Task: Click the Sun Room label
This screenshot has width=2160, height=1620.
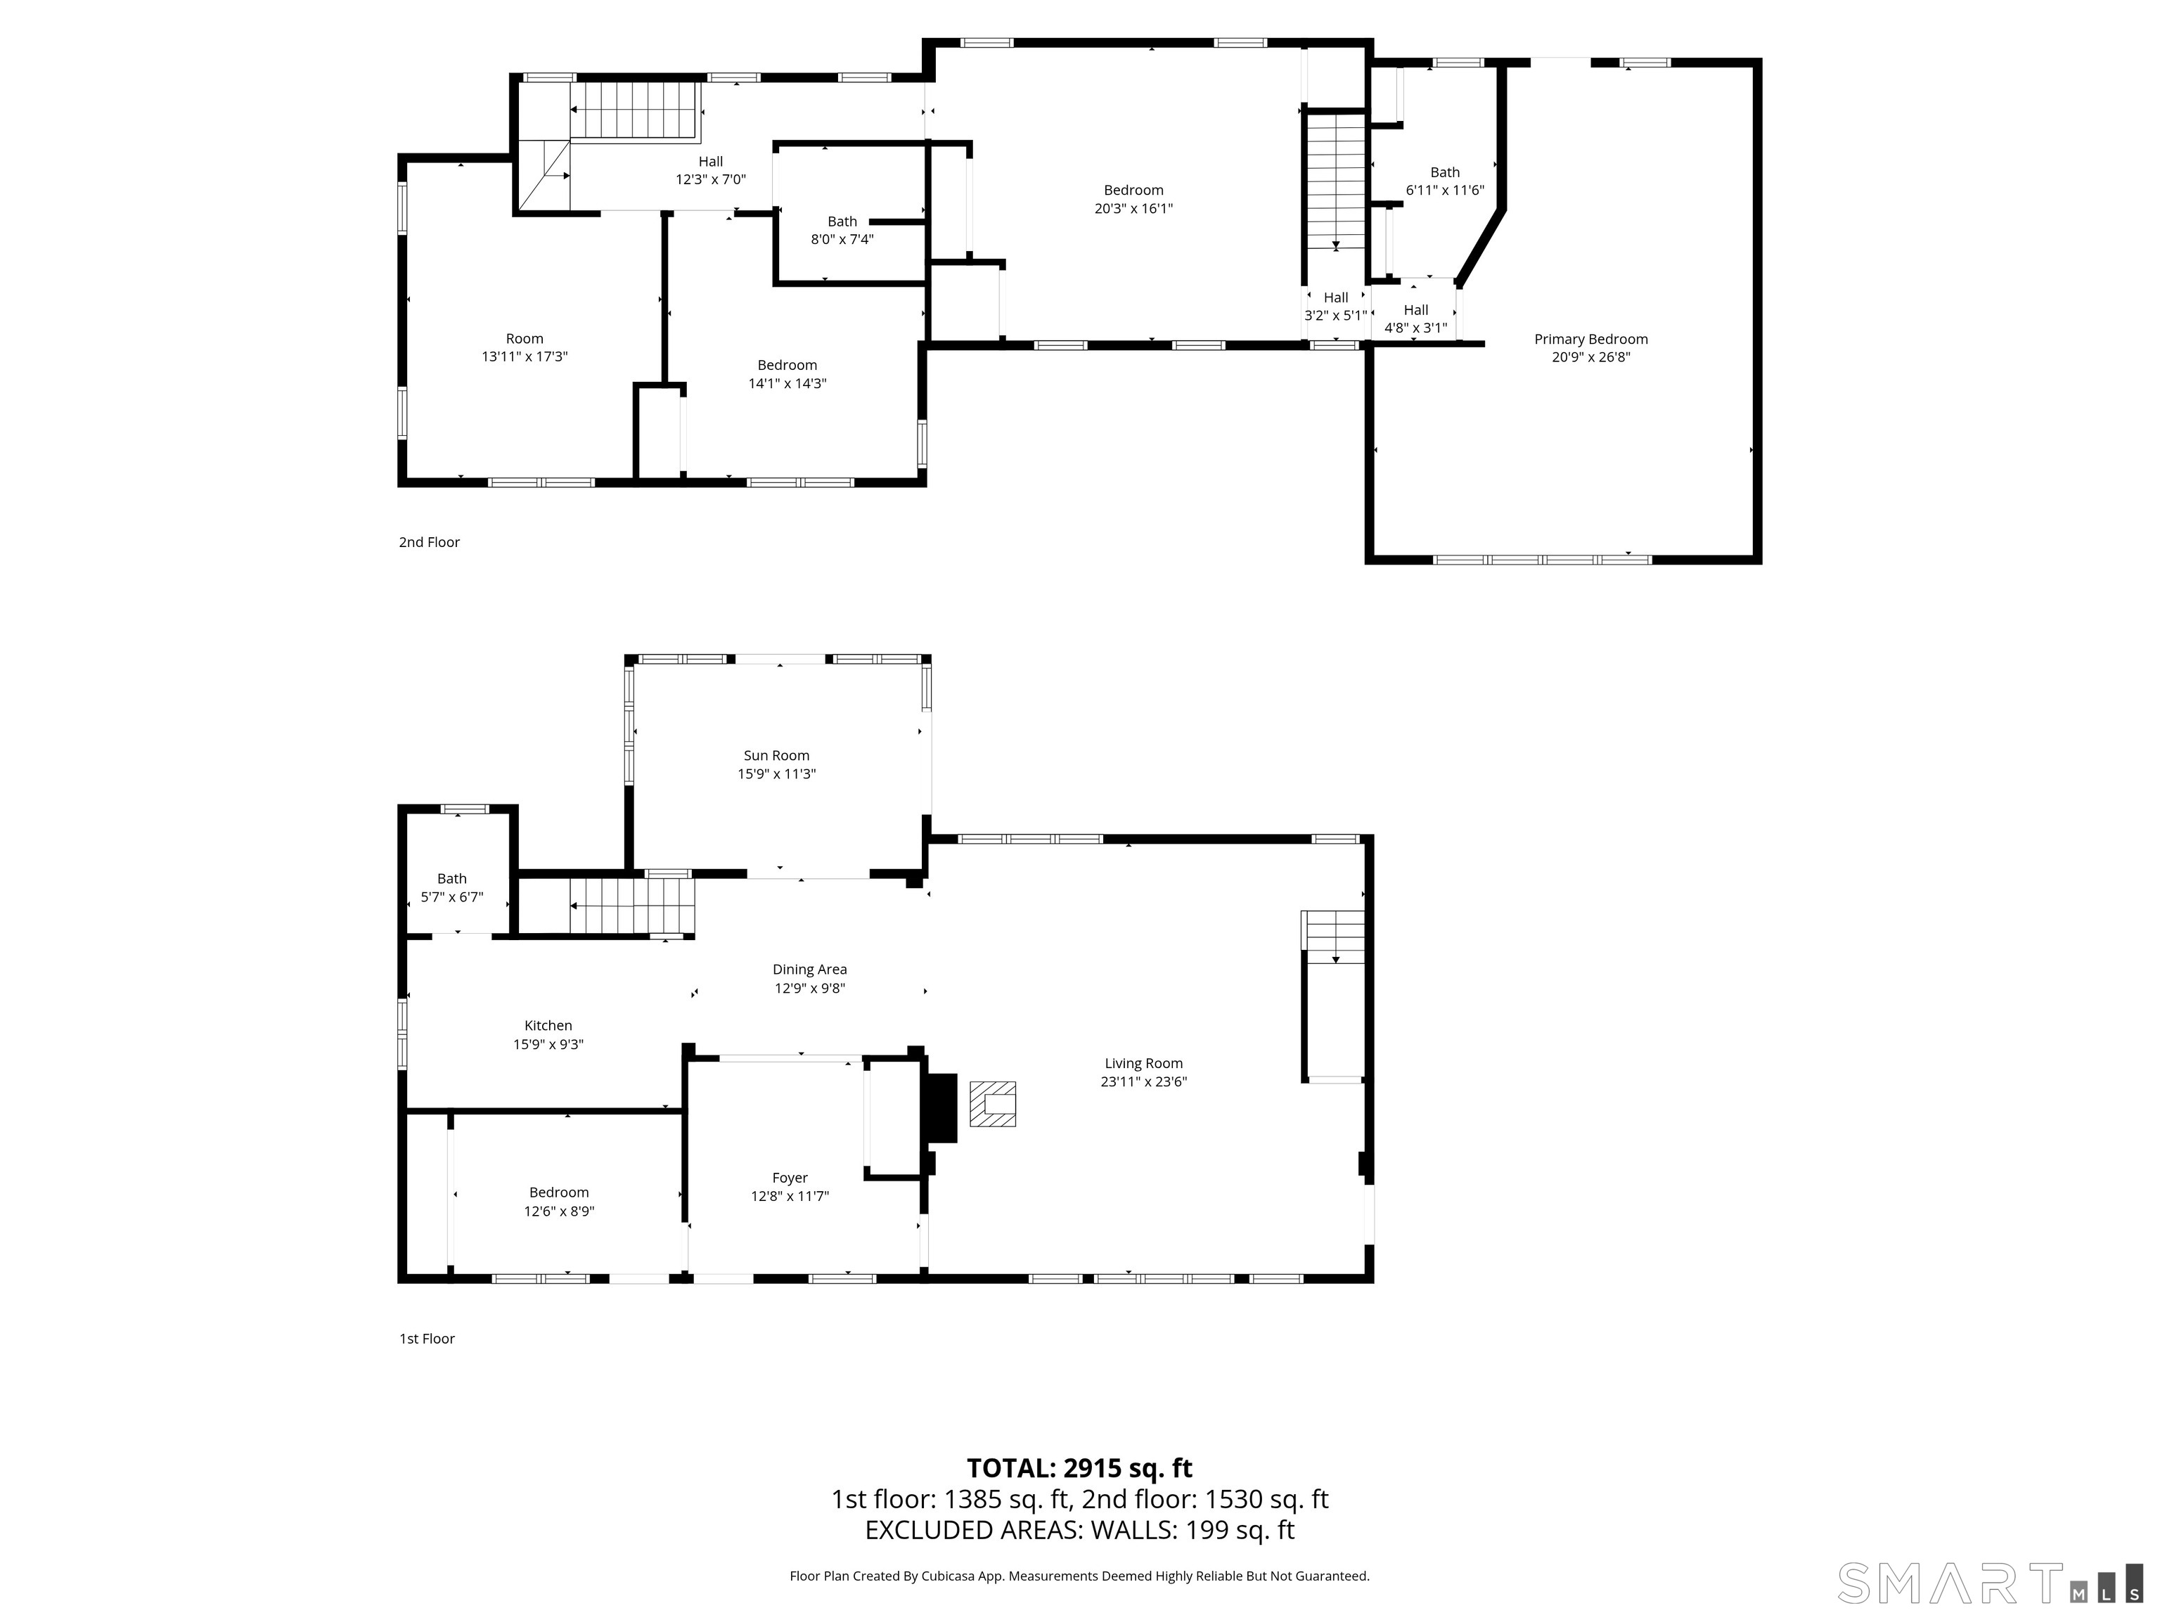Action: (x=776, y=756)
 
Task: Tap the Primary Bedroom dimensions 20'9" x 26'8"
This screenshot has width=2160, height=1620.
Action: (x=1590, y=357)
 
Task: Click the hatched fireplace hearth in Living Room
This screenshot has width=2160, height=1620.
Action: (x=992, y=1103)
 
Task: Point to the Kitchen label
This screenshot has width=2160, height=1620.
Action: (x=548, y=1025)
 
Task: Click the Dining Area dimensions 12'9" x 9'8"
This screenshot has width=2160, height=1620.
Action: (x=809, y=988)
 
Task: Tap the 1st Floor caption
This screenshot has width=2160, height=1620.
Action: (x=427, y=1339)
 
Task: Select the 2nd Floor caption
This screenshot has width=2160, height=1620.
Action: (x=429, y=542)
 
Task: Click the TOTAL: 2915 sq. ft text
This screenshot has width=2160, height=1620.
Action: (x=1079, y=1467)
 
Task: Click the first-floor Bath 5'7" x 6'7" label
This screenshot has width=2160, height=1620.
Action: (x=451, y=887)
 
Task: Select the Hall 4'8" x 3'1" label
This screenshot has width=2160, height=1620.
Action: (x=1415, y=319)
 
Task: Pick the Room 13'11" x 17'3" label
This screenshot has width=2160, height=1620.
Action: (x=525, y=347)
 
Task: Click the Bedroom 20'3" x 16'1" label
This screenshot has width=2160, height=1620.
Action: (x=1133, y=199)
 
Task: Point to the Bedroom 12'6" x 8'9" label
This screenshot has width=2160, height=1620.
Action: (x=558, y=1201)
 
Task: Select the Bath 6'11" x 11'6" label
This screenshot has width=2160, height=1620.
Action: (x=1444, y=181)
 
